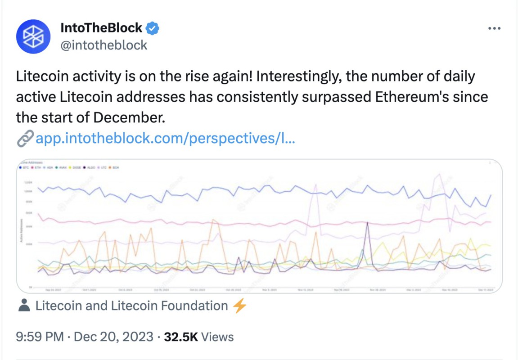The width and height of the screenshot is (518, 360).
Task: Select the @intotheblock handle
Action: (x=104, y=45)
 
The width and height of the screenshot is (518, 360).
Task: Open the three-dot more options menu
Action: (x=494, y=28)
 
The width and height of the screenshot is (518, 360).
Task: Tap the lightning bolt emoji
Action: (x=239, y=306)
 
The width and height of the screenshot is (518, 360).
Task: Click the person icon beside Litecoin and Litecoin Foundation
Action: (x=24, y=306)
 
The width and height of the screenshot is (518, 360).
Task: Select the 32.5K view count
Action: (x=181, y=337)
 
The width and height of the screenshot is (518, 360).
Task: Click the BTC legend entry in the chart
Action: (x=25, y=167)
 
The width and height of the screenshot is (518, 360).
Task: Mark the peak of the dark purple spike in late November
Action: (x=368, y=222)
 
